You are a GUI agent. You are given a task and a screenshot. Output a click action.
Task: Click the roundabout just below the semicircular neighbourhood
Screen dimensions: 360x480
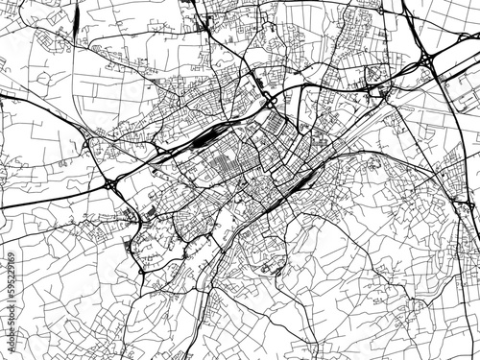(x=144, y=272)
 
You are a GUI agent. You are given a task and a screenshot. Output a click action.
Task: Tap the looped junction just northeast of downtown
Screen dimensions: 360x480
(x=271, y=100)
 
